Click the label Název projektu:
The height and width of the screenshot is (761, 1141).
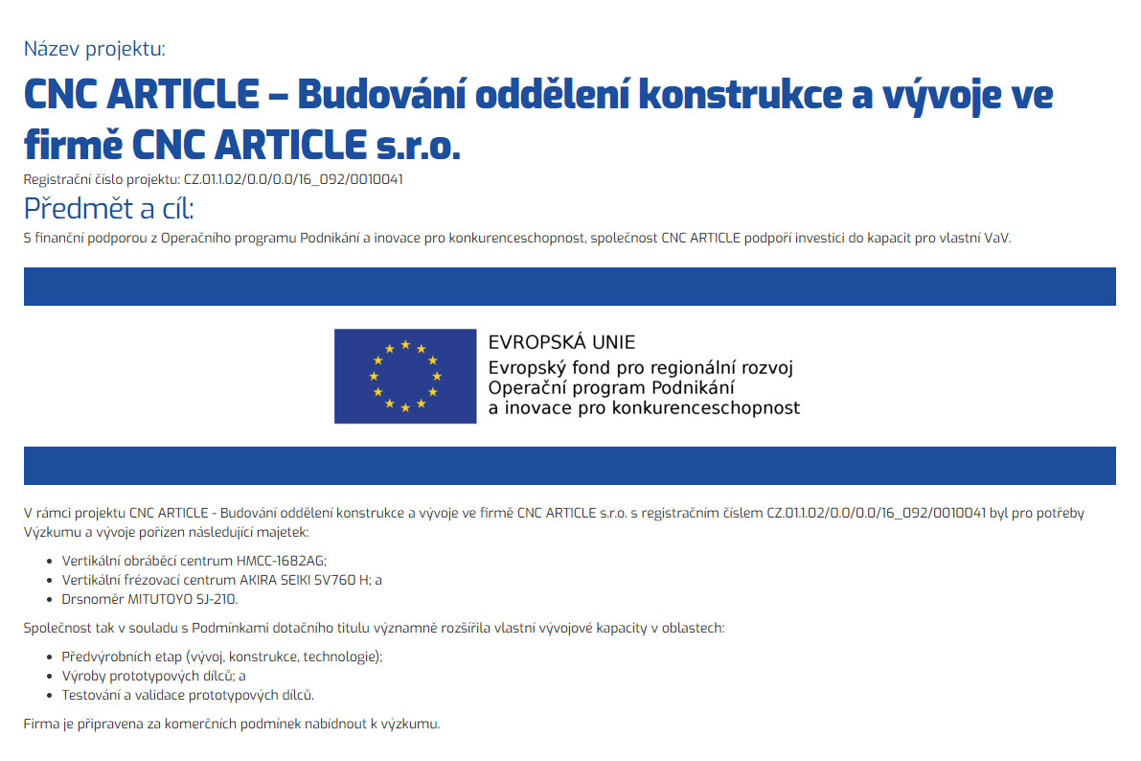click(x=94, y=49)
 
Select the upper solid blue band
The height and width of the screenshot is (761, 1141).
click(x=569, y=287)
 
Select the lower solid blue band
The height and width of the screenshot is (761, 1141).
click(x=569, y=465)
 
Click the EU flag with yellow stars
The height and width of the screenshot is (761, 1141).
click(x=404, y=376)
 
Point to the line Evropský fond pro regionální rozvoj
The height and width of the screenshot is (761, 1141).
click(x=641, y=367)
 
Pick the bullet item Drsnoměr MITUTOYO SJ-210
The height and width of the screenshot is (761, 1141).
click(x=149, y=599)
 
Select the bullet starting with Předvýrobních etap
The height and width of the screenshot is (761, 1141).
click(x=221, y=657)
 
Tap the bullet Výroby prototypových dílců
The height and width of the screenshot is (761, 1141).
click(x=153, y=676)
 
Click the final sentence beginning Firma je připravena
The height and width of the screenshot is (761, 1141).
click(x=232, y=724)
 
